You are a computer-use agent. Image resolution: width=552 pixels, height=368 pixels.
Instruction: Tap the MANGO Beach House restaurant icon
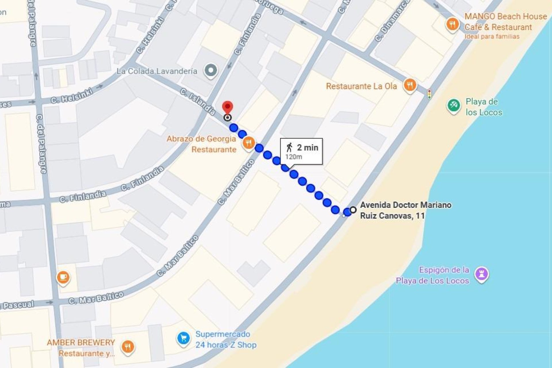coord(452,24)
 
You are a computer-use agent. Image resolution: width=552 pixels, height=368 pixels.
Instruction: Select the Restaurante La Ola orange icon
coord(410,85)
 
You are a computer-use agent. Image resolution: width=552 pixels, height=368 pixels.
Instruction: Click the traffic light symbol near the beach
coord(429,94)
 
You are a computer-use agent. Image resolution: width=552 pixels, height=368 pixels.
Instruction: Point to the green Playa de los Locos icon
coord(453,105)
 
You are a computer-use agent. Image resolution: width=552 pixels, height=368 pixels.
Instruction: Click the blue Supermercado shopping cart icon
coord(183,339)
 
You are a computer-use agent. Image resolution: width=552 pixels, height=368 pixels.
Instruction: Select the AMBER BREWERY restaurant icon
coord(128,347)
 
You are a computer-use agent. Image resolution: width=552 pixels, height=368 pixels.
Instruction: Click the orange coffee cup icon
coord(63,277)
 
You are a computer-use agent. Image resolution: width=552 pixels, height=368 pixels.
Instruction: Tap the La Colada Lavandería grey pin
coord(211,70)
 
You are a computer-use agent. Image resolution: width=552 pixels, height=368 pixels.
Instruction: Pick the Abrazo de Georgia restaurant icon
coord(249,143)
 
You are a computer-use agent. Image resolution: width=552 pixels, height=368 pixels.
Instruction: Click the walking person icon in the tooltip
coord(289,147)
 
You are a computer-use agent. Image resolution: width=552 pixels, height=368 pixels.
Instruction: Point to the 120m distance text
coord(294,157)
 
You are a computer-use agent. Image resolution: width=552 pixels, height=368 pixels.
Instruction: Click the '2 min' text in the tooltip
coord(308,147)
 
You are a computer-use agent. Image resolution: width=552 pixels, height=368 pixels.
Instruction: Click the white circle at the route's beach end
coord(353,210)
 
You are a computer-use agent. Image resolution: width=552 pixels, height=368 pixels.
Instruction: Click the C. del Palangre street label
coord(41,144)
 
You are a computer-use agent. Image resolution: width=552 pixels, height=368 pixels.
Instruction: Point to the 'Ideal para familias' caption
coord(492,37)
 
